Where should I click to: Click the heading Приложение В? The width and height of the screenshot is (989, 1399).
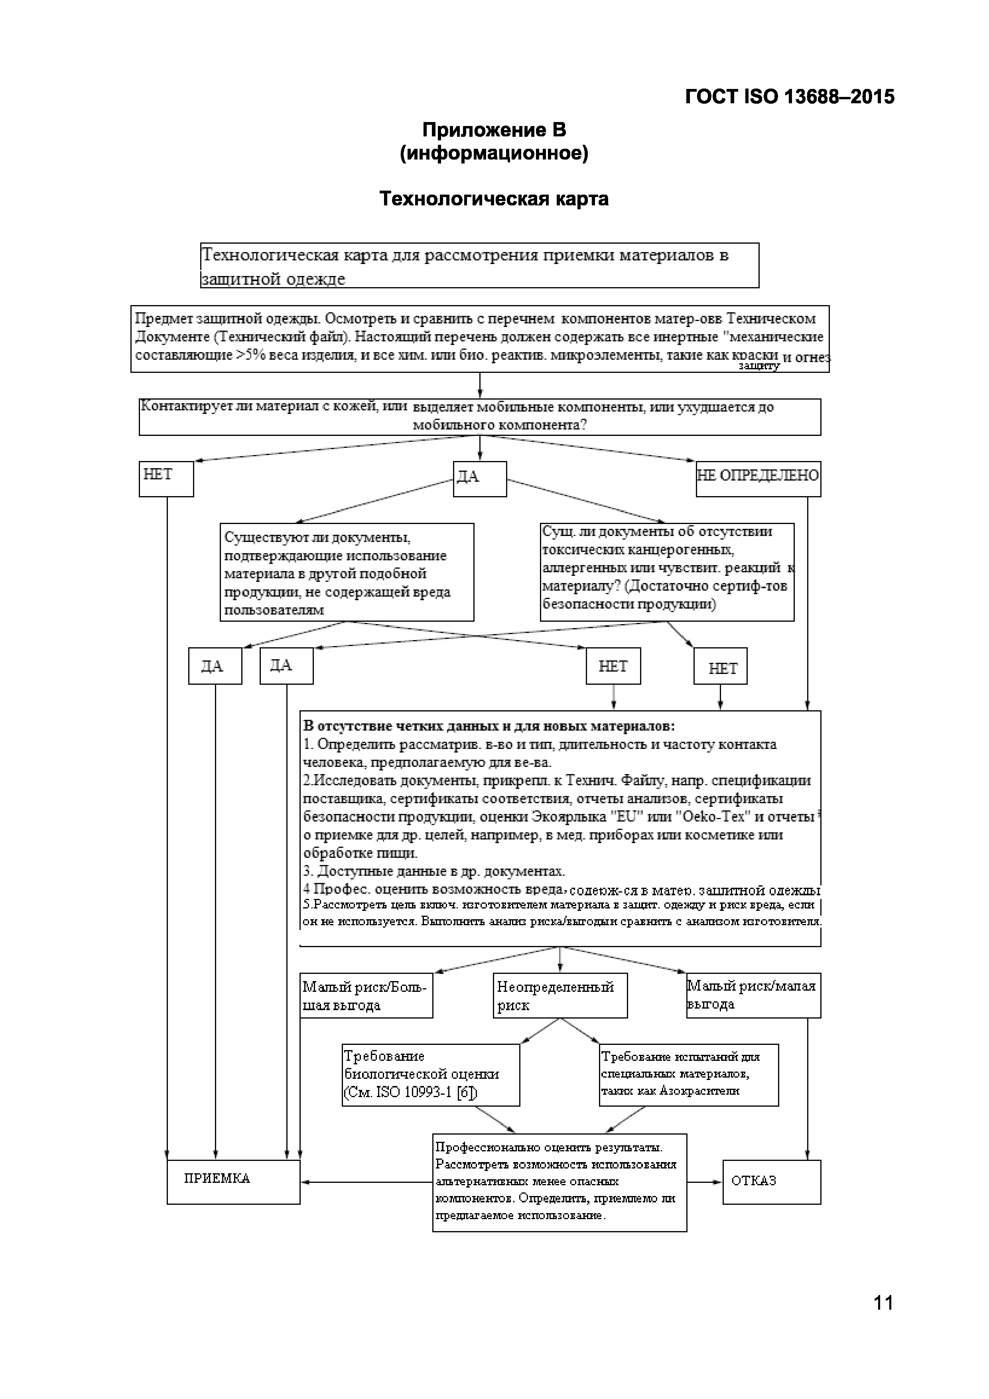(x=494, y=130)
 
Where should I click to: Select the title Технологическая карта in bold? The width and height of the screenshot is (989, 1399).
(x=494, y=199)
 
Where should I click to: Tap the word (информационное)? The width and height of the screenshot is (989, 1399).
(x=494, y=153)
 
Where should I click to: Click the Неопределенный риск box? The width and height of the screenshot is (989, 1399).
(x=560, y=996)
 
